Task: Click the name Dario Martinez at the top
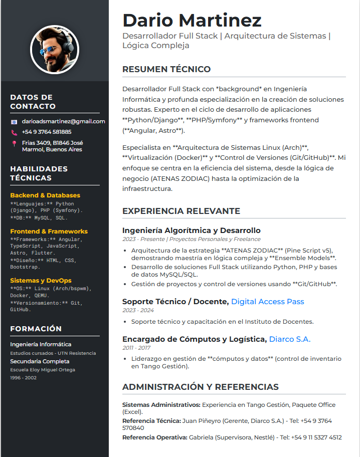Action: pyautogui.click(x=192, y=20)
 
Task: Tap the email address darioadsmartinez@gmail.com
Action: pyautogui.click(x=63, y=121)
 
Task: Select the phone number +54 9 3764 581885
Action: pyautogui.click(x=47, y=132)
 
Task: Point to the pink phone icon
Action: pyautogui.click(x=14, y=132)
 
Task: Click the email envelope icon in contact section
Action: pyautogui.click(x=14, y=122)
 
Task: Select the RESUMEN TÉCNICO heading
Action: pyautogui.click(x=166, y=69)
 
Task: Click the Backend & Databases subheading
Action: pyautogui.click(x=45, y=195)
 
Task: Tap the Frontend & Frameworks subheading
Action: pyautogui.click(x=49, y=232)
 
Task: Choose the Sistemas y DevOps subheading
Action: pyautogui.click(x=41, y=281)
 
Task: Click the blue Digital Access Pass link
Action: pyautogui.click(x=267, y=302)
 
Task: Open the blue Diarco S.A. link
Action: pyautogui.click(x=290, y=339)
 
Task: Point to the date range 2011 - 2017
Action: pyautogui.click(x=136, y=348)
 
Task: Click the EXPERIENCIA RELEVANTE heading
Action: pyautogui.click(x=181, y=211)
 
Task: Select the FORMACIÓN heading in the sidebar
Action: pyautogui.click(x=36, y=329)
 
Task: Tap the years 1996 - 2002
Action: pyautogui.click(x=23, y=378)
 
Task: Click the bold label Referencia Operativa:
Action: pyautogui.click(x=154, y=437)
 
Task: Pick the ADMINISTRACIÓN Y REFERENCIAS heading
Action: pyautogui.click(x=201, y=387)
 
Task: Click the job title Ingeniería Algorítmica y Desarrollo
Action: pyautogui.click(x=192, y=231)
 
